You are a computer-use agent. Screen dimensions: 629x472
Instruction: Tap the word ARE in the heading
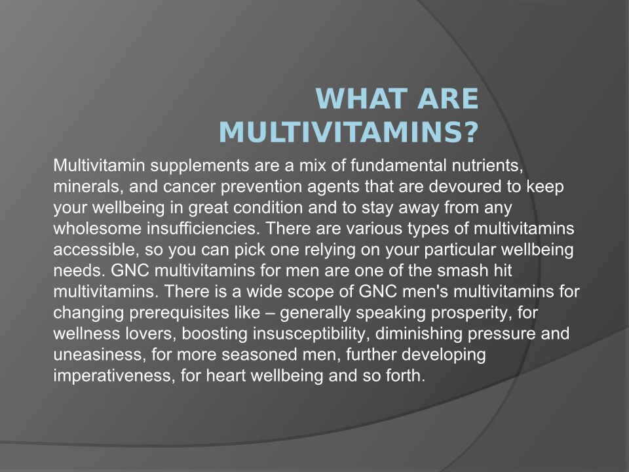point(448,98)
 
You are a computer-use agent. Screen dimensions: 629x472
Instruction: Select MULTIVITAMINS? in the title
point(349,132)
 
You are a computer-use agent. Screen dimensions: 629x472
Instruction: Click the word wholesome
point(98,228)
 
